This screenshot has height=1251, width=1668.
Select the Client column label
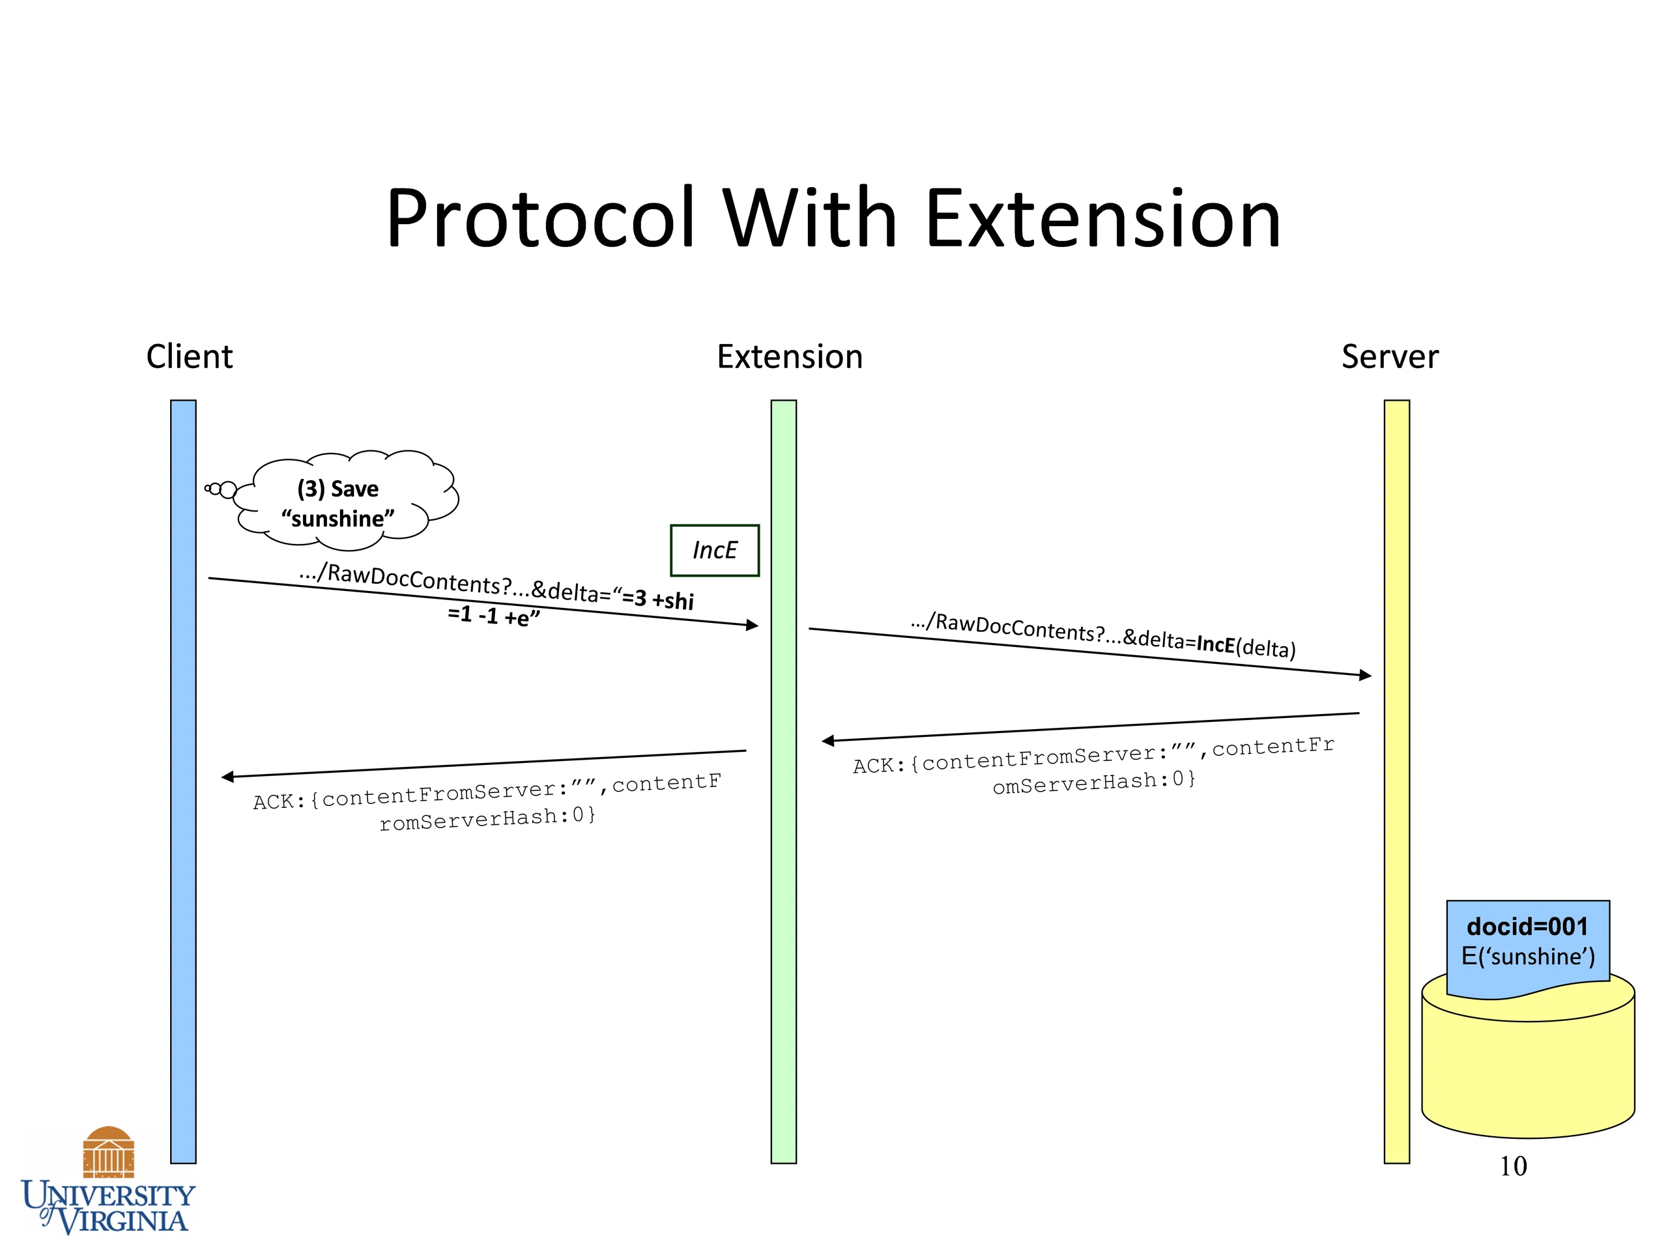coord(189,356)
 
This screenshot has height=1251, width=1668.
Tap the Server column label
coord(1390,356)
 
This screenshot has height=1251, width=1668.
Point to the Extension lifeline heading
coord(790,356)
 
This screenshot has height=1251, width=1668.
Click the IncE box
coord(715,551)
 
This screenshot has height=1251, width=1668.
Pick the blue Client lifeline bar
coord(183,781)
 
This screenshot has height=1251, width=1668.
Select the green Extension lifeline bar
coord(783,781)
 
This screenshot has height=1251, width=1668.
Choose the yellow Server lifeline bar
coord(1396,781)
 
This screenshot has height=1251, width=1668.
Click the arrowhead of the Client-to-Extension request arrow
coord(753,625)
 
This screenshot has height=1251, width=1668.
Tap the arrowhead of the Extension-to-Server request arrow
coord(1366,676)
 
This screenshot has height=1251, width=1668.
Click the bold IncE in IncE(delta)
coord(1216,644)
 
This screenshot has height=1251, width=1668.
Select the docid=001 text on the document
coord(1528,926)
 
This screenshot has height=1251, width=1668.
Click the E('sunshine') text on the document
coord(1528,956)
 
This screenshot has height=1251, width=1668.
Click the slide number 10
coord(1513,1166)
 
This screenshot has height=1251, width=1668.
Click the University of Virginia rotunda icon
coord(109,1151)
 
